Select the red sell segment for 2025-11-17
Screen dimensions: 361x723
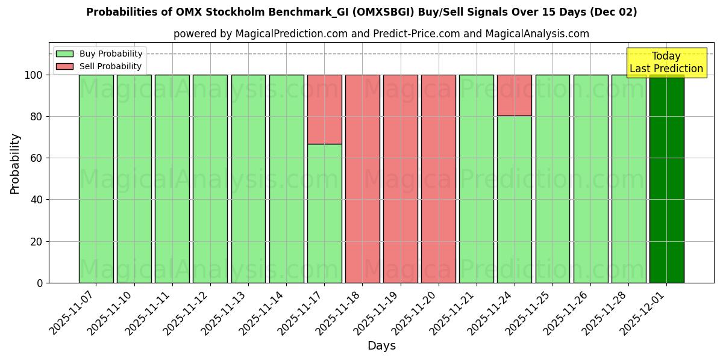point(324,109)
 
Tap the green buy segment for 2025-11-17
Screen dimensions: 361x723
point(324,214)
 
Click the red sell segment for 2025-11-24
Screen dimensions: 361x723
point(515,95)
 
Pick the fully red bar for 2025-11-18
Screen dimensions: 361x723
point(362,179)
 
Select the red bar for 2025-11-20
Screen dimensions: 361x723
point(439,179)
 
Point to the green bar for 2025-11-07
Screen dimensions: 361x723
point(96,179)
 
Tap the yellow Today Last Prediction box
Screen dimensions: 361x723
point(666,63)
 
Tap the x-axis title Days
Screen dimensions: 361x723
point(381,346)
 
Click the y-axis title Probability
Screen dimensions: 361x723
point(15,164)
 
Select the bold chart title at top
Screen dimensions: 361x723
point(361,12)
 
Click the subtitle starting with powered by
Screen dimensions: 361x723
point(381,34)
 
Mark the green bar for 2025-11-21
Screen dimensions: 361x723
point(477,179)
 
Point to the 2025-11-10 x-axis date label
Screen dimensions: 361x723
point(110,313)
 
